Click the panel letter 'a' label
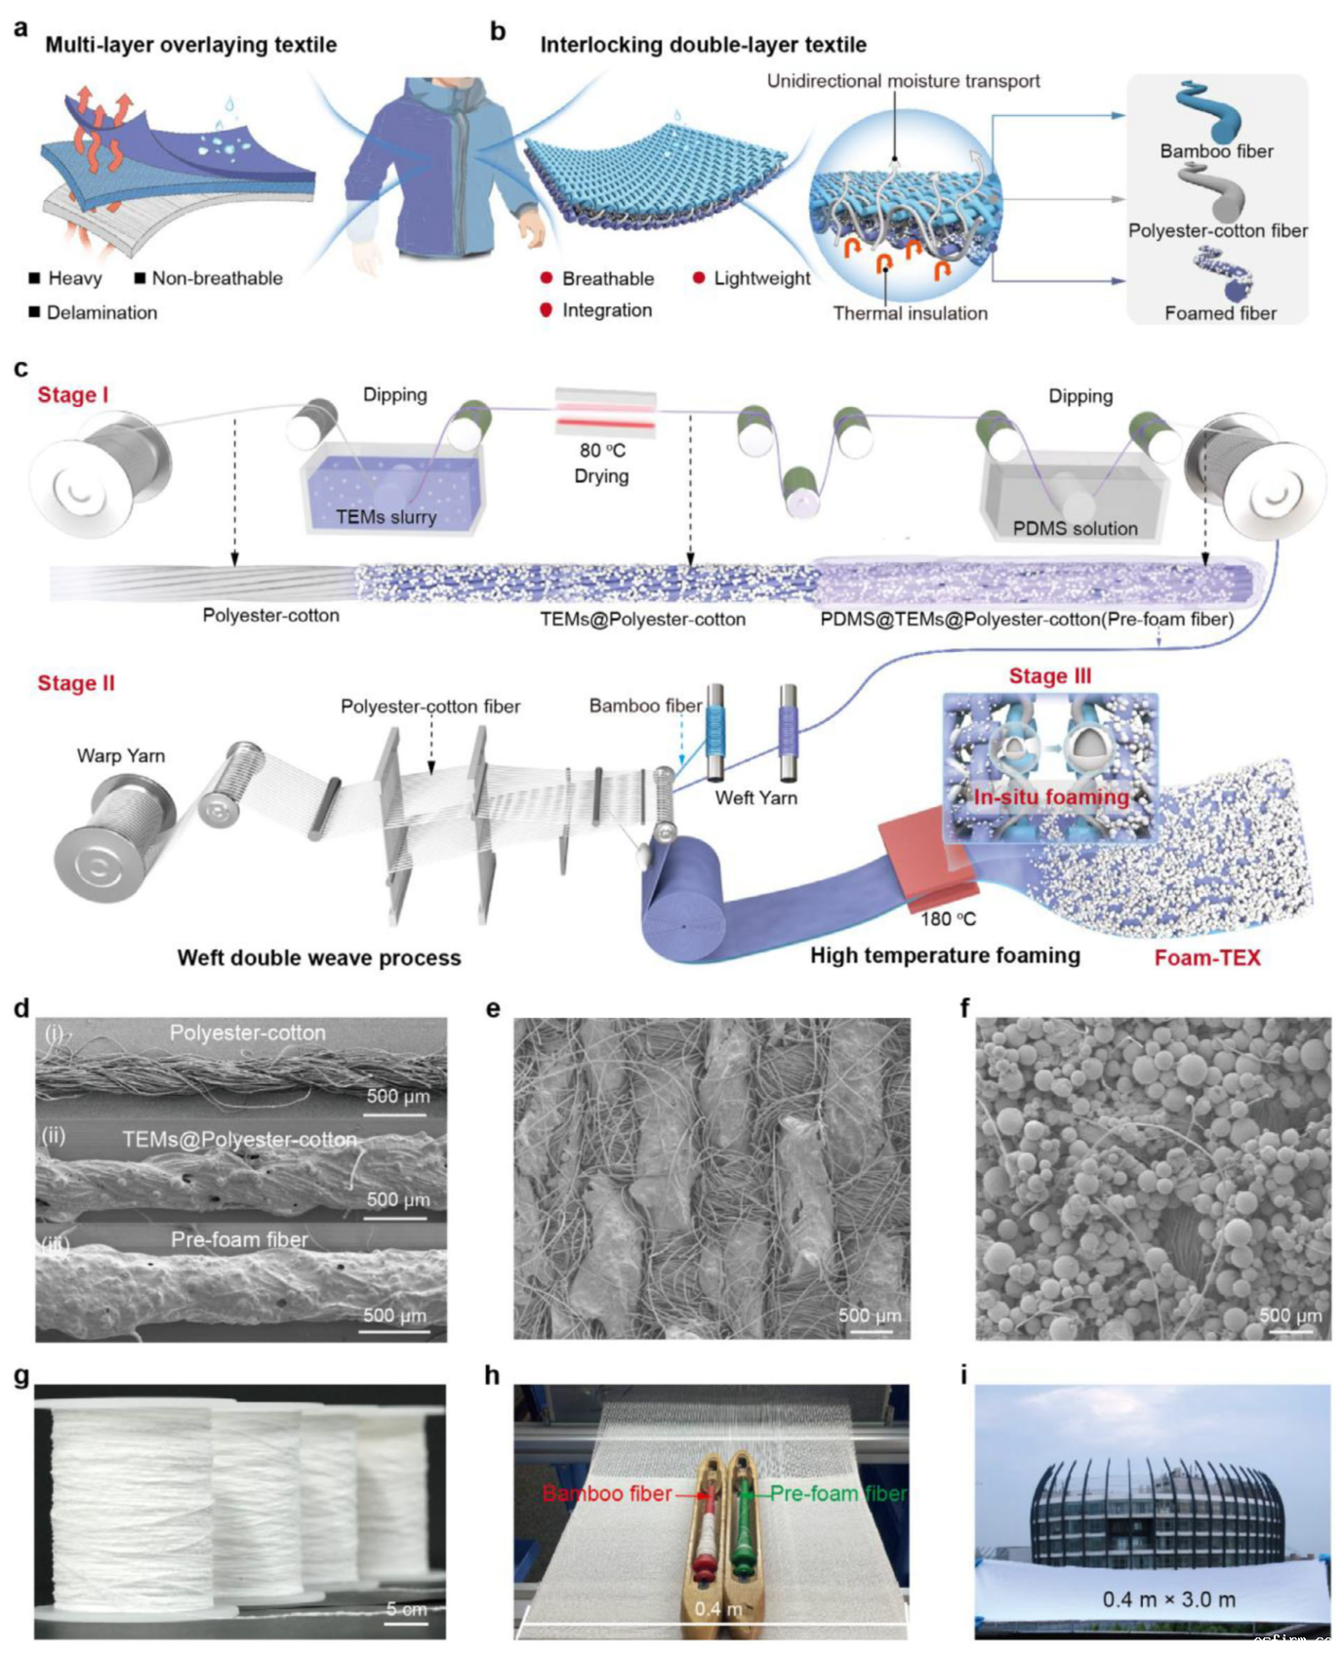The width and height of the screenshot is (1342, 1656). [x=20, y=28]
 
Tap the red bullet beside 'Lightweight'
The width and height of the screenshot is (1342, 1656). [x=699, y=278]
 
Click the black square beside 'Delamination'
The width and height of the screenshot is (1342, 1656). [x=34, y=312]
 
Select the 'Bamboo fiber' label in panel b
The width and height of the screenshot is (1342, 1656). [x=1216, y=151]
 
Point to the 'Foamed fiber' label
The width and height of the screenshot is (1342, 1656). [x=1220, y=313]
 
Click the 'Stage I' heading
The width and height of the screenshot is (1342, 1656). [x=72, y=395]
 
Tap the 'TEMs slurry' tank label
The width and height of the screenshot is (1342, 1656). [x=386, y=517]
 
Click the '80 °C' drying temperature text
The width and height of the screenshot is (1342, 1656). [x=602, y=451]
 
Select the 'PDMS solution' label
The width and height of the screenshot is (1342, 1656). [x=1075, y=529]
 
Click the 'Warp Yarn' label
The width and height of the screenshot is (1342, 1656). [x=121, y=756]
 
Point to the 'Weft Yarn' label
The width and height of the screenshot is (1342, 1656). [x=755, y=798]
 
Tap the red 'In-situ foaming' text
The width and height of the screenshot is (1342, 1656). [x=1051, y=797]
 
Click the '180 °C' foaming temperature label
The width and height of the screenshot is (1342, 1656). [x=948, y=919]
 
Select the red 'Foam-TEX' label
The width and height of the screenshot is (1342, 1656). [x=1207, y=958]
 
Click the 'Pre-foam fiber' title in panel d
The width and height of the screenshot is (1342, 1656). [x=239, y=1239]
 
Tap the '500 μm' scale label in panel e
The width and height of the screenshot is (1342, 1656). [x=870, y=1315]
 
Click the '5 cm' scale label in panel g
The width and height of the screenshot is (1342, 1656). [x=406, y=1609]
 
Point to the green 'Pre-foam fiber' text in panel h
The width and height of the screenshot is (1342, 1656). [x=837, y=1494]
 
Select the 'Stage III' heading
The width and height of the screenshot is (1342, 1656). [x=1050, y=676]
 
